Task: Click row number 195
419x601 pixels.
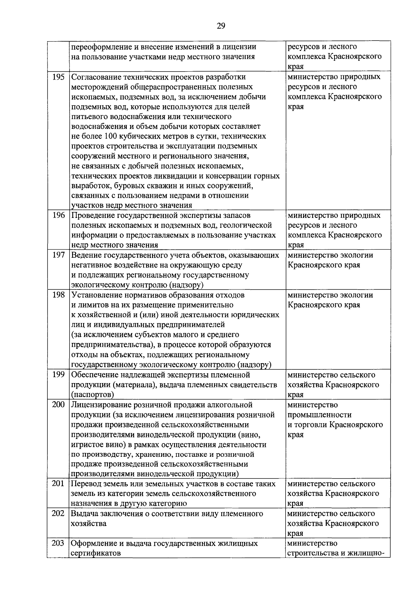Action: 58,77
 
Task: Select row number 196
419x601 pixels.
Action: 58,215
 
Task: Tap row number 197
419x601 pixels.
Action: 58,255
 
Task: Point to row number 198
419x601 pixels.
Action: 58,295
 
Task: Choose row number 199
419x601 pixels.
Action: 58,375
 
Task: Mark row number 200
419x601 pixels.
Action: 58,405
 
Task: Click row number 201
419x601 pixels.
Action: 58,484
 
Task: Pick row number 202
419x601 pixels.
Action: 58,514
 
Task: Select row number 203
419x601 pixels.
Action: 58,543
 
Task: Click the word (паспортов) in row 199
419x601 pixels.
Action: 92,395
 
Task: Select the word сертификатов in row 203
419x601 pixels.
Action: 96,554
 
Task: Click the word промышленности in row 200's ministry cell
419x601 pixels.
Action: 319,415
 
